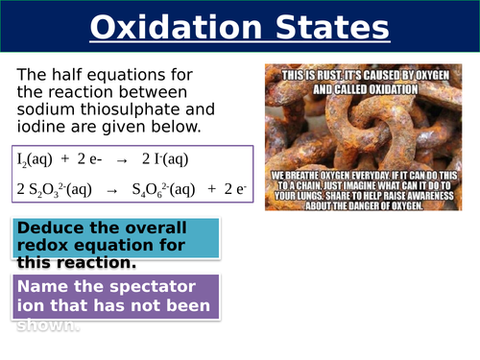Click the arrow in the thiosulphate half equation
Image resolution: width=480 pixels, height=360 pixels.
(110, 189)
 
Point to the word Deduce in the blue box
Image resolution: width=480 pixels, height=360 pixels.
(50, 228)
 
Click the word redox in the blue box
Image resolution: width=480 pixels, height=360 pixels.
(43, 245)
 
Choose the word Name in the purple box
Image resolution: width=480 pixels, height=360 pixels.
(44, 288)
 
